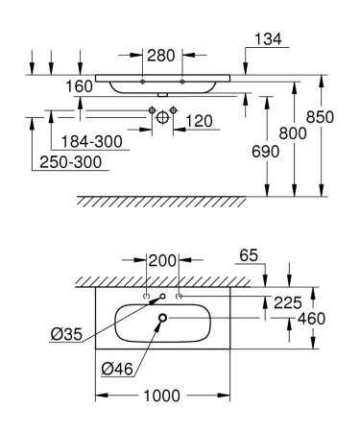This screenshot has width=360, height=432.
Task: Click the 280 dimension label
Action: tap(162, 55)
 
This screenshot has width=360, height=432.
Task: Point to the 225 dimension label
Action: tap(288, 300)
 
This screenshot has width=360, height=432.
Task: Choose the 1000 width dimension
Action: tap(160, 396)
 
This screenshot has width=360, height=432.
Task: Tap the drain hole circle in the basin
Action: tap(163, 319)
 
